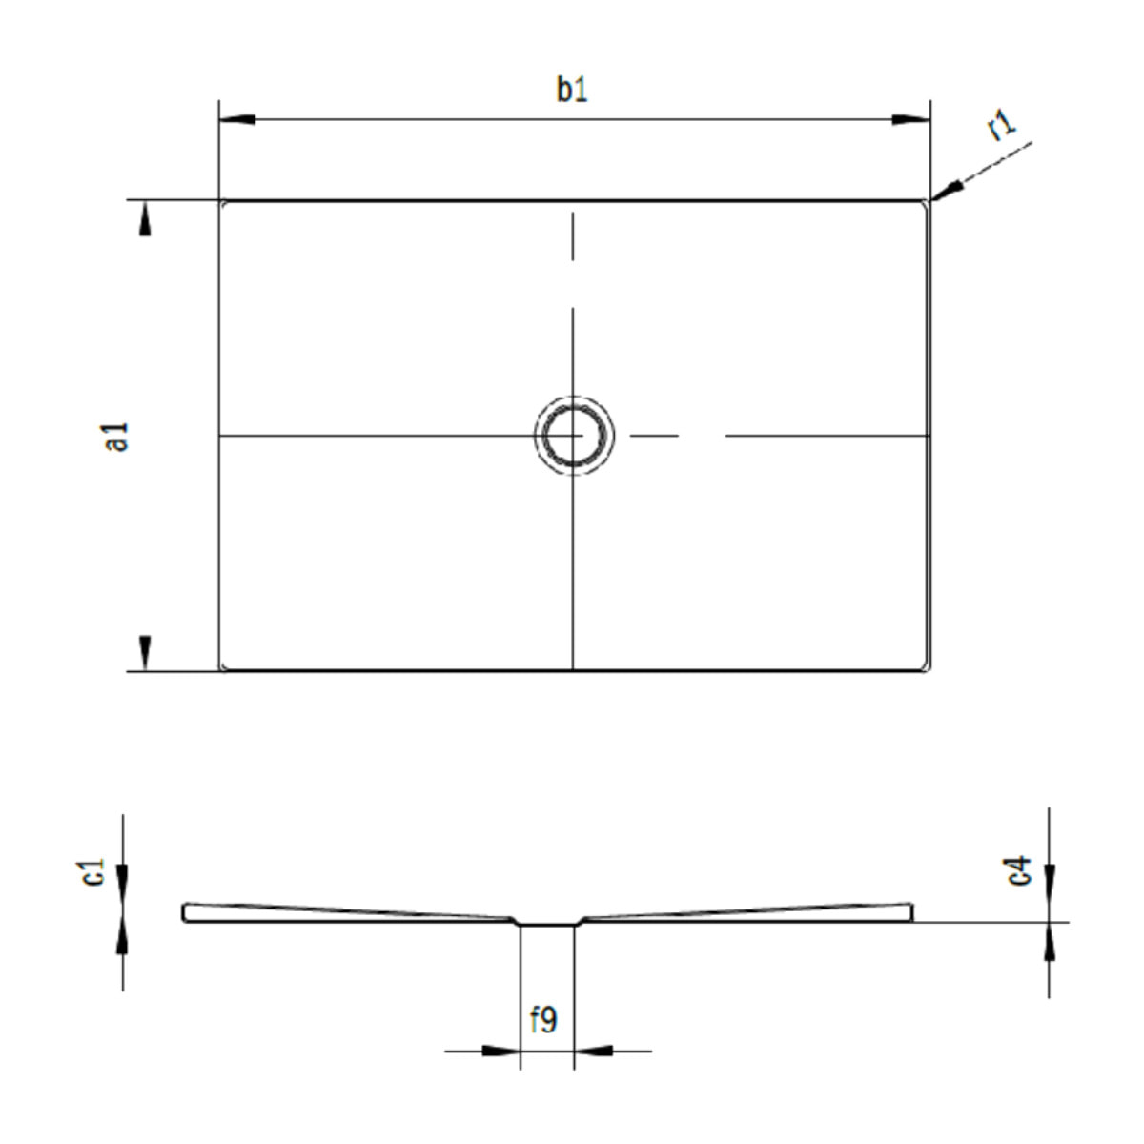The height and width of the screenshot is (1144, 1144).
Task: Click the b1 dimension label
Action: pos(572,90)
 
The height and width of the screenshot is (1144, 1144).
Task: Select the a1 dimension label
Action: pos(117,436)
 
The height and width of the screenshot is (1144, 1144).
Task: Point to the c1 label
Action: pos(93,871)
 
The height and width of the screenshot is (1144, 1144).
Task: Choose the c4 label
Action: pos(1020,870)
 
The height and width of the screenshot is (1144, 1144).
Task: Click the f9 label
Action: pos(543,1020)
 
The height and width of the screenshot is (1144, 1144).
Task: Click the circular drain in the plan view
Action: pos(573,436)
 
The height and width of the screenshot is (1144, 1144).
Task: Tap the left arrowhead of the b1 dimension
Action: pos(236,120)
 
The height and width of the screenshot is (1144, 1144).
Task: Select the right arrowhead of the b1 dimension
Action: pos(911,120)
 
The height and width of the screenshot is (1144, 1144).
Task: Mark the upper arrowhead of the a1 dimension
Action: pos(145,221)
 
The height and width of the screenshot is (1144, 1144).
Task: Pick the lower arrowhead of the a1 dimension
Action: pos(145,651)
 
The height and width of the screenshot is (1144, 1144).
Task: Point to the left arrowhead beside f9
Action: pos(502,1051)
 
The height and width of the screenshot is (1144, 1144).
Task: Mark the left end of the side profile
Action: pos(185,912)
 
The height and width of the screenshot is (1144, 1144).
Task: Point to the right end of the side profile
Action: pos(910,912)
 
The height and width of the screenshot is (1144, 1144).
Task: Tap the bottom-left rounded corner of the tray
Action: pos(225,665)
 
